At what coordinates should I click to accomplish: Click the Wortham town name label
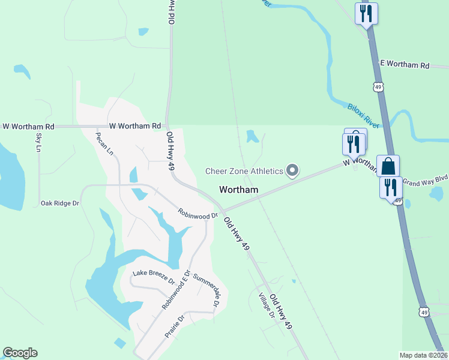click(239, 190)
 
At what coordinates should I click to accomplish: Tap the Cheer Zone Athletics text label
click(244, 171)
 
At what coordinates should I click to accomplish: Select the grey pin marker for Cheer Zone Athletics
click(292, 171)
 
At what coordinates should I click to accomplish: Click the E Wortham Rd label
click(405, 65)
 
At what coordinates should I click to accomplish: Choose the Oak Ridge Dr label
click(60, 203)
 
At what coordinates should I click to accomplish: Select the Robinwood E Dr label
click(175, 290)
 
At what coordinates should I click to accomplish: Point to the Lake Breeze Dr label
click(153, 277)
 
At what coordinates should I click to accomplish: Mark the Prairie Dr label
click(175, 326)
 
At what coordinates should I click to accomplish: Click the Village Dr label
click(266, 306)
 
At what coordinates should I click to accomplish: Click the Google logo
click(20, 353)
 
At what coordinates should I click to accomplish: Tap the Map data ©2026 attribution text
click(423, 355)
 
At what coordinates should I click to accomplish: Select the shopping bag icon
click(388, 166)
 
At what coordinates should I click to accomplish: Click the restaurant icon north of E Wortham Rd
click(366, 13)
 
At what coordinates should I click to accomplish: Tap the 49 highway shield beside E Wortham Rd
click(378, 87)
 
